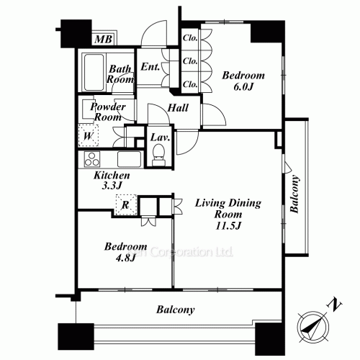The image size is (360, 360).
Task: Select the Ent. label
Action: pos(150,68)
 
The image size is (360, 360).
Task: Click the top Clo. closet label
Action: pos(190,38)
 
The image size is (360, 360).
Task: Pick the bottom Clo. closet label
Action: pos(190,84)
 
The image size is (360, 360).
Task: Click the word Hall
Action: pos(178,108)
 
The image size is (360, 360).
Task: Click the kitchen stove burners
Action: pos(92,159)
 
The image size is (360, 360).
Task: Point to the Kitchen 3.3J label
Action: pos(112,181)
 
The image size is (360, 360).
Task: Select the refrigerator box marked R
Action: pos(125,204)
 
